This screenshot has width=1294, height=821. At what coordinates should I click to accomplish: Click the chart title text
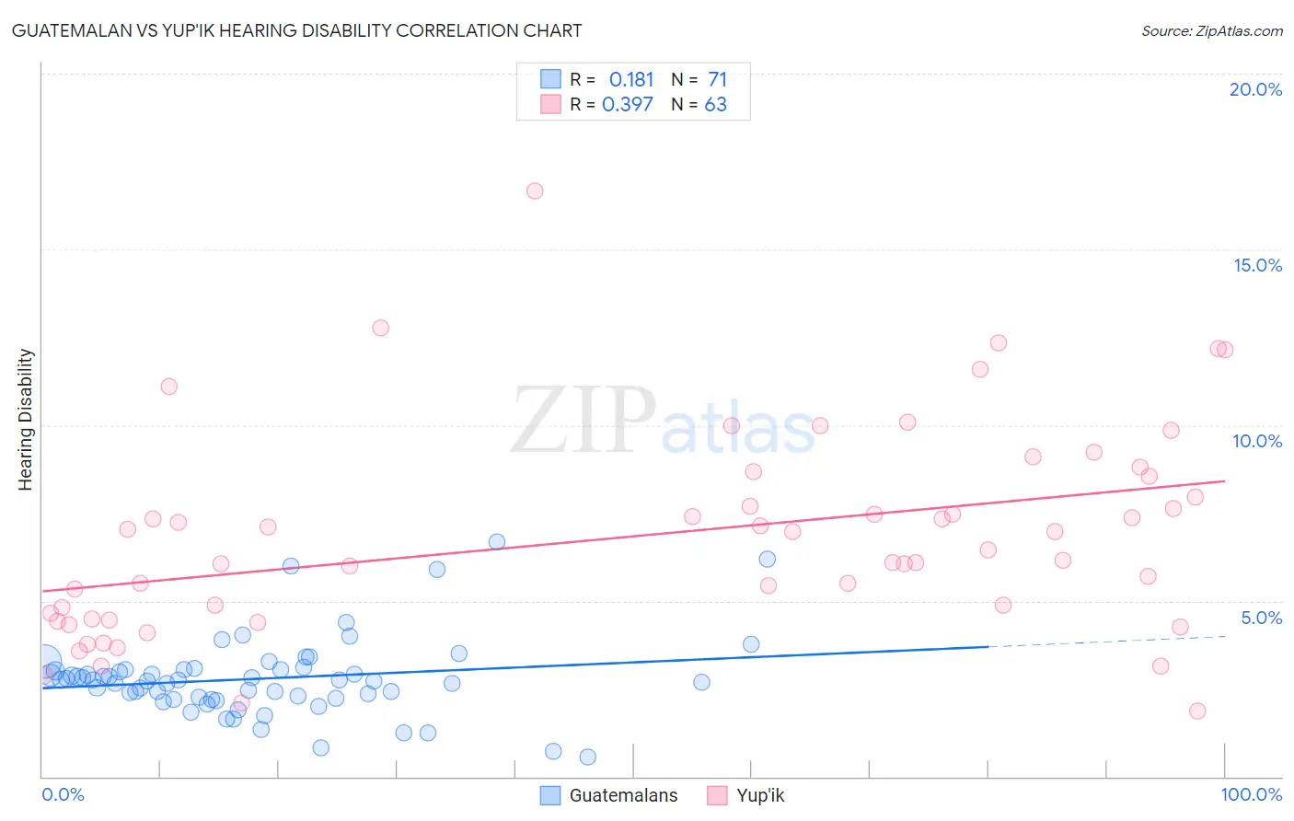coord(296,30)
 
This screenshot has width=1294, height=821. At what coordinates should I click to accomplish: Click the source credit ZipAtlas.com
coord(1211,30)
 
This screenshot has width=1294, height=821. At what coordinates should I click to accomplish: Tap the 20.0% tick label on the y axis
coord(1255,89)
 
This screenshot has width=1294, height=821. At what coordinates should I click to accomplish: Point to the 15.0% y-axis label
coord(1257,265)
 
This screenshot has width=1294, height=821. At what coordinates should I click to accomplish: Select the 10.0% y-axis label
coord(1257,441)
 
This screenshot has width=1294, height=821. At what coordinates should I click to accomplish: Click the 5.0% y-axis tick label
coord(1261,618)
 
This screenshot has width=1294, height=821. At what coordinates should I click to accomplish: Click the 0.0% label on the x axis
coord(63,794)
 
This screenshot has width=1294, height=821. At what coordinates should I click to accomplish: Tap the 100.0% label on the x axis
coord(1251,794)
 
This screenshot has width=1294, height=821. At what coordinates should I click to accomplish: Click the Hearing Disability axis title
coord(26,419)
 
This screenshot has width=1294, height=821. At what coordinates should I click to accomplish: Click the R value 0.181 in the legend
coord(631,80)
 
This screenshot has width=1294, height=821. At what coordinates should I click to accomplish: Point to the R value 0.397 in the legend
coord(628,105)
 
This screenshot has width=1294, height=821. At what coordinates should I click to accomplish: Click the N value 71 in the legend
coord(718,80)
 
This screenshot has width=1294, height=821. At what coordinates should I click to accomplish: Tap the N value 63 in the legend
coord(716,105)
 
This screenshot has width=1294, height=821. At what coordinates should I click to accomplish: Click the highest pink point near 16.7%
coord(535,191)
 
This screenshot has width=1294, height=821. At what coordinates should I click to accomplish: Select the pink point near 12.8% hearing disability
coord(381,328)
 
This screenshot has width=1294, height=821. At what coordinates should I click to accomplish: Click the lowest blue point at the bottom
coord(588,757)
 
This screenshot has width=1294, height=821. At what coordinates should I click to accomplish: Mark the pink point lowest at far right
coord(1197,711)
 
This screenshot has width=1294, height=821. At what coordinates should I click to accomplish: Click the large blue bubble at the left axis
coord(42,662)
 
